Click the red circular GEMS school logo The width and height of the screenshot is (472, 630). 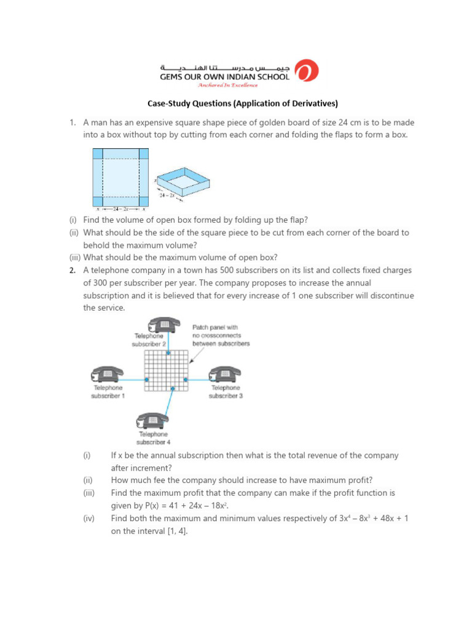click(307, 71)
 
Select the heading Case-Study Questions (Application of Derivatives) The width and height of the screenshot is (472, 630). click(235, 103)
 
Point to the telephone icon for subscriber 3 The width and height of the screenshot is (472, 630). click(225, 373)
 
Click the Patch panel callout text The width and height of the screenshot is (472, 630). click(221, 335)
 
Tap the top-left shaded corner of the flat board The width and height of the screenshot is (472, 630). click(98, 154)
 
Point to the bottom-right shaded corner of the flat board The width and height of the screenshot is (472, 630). click(143, 201)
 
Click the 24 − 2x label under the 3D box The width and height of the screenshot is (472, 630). click(168, 195)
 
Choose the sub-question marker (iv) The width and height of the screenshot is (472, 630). click(89, 519)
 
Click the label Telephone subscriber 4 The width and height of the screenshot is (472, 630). click(153, 438)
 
